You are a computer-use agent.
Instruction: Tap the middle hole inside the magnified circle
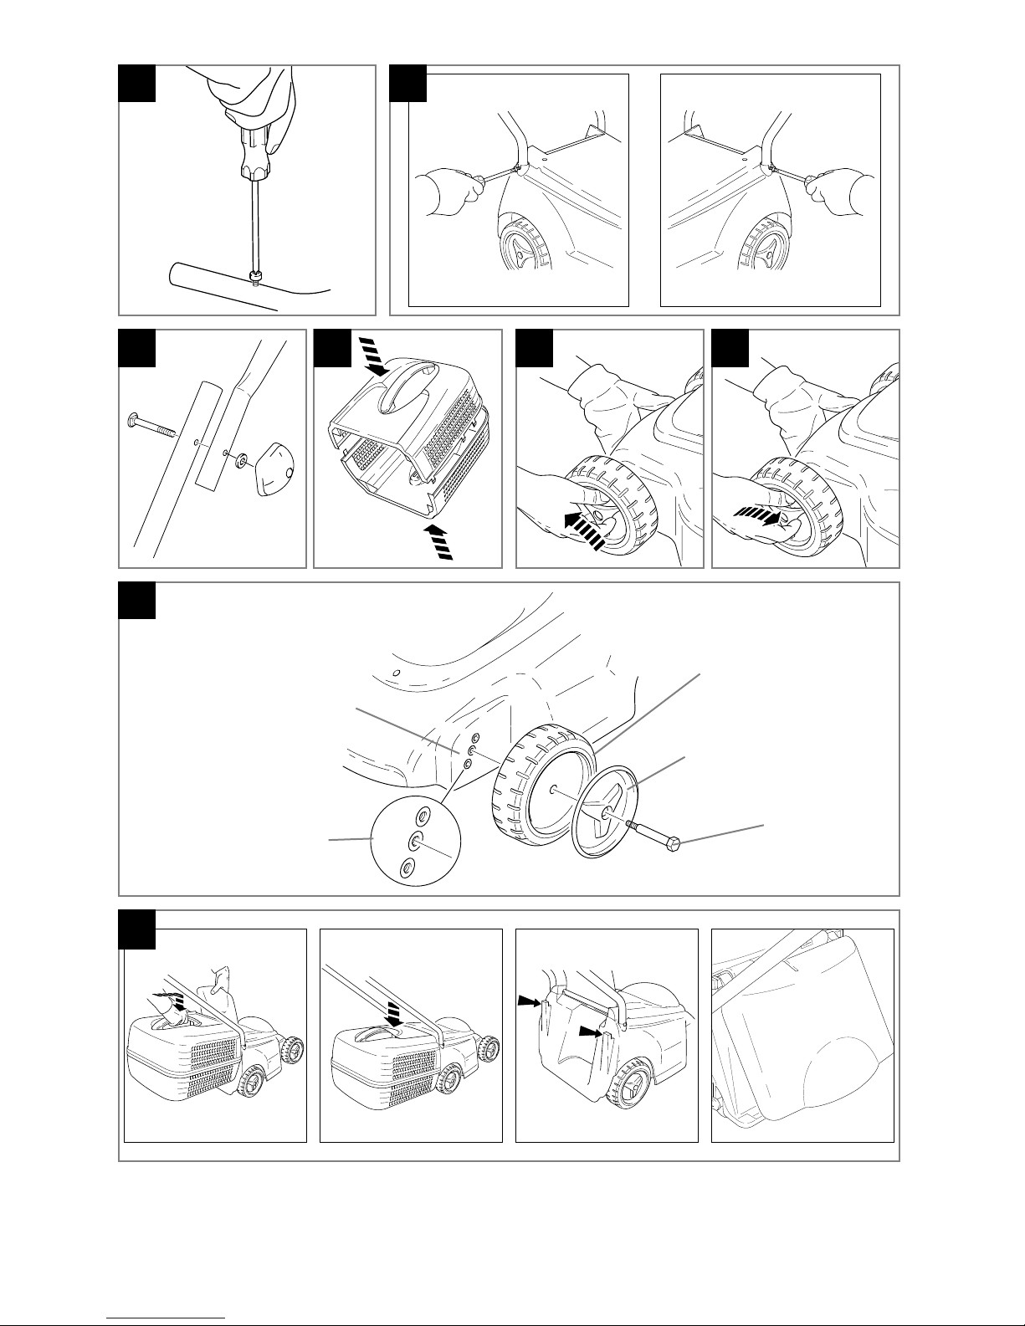(414, 842)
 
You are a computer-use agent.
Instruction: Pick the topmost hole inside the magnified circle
(423, 816)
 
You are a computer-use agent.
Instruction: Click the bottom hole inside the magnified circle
(407, 868)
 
